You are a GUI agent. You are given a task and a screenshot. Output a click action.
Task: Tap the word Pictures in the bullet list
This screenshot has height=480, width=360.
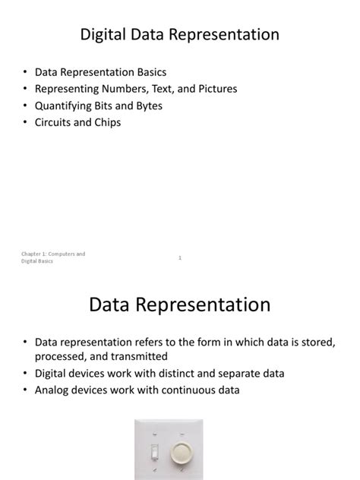214,89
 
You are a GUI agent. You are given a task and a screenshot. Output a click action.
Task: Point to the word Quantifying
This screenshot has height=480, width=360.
65,106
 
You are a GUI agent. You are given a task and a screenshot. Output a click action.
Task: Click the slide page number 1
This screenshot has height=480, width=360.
180,258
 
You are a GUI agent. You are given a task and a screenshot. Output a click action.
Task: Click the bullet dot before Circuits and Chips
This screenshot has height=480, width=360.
24,122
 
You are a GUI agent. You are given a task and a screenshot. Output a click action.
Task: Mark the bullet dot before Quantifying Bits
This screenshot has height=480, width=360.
24,106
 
